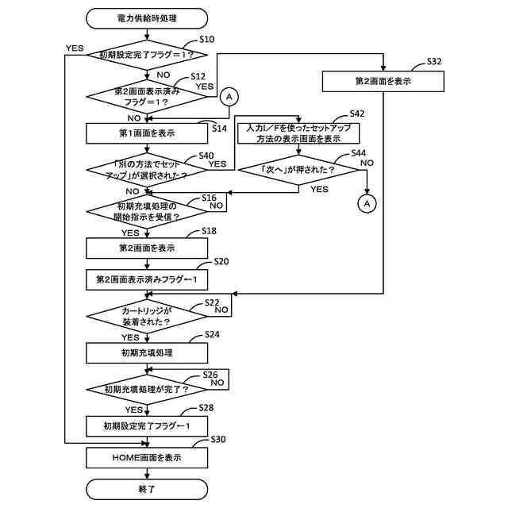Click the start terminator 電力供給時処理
(x=147, y=18)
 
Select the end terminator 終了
(x=147, y=489)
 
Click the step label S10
(x=206, y=40)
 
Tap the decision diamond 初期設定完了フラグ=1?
(x=147, y=55)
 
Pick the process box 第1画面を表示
(x=147, y=133)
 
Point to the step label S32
(x=434, y=62)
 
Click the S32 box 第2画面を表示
(x=383, y=81)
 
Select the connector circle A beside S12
(x=229, y=97)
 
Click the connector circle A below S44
(x=367, y=203)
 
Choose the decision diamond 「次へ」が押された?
(x=298, y=170)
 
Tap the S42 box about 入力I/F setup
(x=298, y=133)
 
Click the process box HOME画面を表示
(x=147, y=458)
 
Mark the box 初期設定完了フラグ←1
(x=147, y=426)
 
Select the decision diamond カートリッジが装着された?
(x=147, y=316)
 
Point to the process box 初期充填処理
(x=147, y=352)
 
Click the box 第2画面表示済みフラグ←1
(x=147, y=279)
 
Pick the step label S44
(x=358, y=153)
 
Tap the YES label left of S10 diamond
(x=75, y=48)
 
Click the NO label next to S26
(x=217, y=383)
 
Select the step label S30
(x=218, y=439)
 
